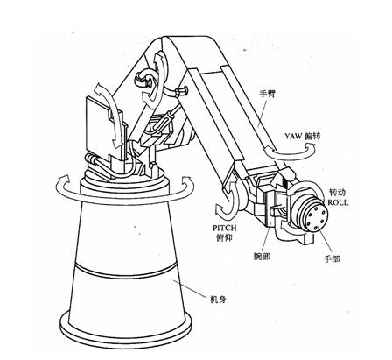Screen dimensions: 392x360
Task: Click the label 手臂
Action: (267, 95)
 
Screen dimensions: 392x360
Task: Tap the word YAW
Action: (293, 137)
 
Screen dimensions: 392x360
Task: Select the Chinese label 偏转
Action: (312, 137)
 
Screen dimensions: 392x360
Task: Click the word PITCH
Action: (224, 228)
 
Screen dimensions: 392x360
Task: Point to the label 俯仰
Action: (224, 238)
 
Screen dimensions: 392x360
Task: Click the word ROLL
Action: (338, 202)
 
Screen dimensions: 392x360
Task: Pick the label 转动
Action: (338, 193)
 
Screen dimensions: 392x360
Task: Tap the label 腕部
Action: (262, 257)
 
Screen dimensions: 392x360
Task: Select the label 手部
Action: (332, 258)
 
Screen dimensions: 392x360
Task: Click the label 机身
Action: (219, 300)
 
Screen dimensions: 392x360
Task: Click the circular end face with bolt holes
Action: (316, 218)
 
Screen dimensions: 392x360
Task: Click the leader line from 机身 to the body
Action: (191, 287)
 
